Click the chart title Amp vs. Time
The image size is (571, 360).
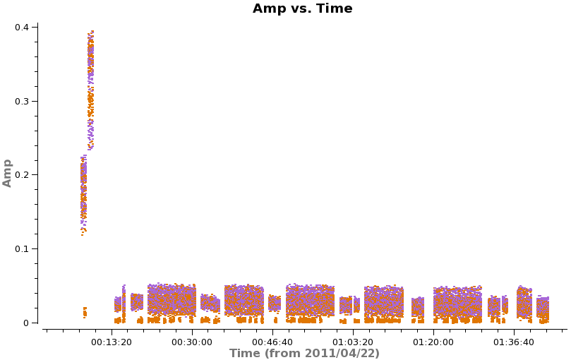pos(302,9)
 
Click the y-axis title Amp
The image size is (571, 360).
pos(8,173)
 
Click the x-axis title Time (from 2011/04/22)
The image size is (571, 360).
pos(304,354)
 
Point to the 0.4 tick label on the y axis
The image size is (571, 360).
pos(23,27)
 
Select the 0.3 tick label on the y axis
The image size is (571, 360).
pos(23,101)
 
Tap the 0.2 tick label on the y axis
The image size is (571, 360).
pos(23,174)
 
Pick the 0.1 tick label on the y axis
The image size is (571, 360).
pos(23,248)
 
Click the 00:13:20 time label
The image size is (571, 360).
pos(112,342)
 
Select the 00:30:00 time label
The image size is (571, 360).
pos(192,342)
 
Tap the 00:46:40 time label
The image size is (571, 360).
pos(272,342)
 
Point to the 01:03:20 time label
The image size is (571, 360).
pos(353,342)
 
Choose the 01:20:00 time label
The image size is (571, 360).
pos(433,342)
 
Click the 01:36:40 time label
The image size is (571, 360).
pos(514,342)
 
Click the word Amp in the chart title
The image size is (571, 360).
pos(268,9)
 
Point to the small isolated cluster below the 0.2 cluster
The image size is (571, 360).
pos(85,311)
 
